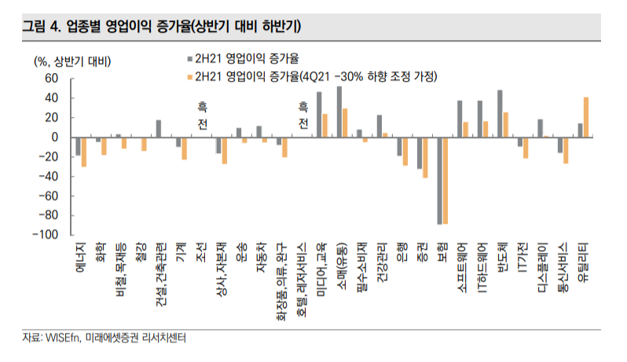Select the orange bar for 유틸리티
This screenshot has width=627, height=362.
pos(586,117)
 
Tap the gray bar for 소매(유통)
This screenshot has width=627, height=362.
pos(339,112)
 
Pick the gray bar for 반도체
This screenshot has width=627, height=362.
pos(500,114)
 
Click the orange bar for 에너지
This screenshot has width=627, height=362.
pos(83,152)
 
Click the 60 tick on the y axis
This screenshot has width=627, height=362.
pos(52,79)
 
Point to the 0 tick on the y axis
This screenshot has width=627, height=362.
pos(55,137)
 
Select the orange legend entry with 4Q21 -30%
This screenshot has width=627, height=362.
pos(314,76)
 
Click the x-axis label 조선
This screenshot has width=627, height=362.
pos(200,251)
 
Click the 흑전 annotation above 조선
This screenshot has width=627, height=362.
pos(200,114)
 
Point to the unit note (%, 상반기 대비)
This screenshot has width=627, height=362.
pos(71,60)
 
